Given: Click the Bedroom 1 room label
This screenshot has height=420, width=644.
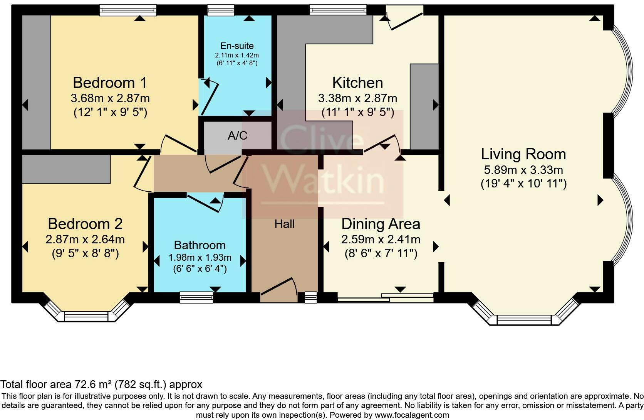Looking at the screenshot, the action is [110, 83].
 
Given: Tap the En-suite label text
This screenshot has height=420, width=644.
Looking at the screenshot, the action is [237, 46].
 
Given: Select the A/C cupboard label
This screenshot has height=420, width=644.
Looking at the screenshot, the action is [238, 135].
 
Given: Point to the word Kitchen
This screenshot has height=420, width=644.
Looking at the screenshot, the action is [358, 83].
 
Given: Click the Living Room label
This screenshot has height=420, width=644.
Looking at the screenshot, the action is [523, 154].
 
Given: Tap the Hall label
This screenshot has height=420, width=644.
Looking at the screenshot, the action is [285, 224].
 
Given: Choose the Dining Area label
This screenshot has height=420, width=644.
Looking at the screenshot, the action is [381, 224].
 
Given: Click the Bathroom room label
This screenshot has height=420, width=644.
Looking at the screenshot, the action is [200, 245].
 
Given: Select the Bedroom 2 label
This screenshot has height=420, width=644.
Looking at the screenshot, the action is [85, 224].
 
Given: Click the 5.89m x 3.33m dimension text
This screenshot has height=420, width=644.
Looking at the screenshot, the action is [523, 170].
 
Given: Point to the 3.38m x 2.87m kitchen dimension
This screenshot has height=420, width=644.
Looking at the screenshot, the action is [358, 98].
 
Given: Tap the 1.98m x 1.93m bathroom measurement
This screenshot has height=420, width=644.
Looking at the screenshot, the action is [200, 257].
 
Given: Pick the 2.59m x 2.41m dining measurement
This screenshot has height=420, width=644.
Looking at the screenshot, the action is [381, 239].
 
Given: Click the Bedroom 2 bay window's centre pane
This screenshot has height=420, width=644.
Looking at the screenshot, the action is [86, 317].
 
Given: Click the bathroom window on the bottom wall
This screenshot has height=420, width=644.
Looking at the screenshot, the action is [197, 297].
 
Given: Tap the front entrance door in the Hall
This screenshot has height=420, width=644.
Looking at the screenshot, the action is [278, 290].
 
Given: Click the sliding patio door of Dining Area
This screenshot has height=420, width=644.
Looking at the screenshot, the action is [385, 298].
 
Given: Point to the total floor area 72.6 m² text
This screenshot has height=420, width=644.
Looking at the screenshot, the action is [101, 384].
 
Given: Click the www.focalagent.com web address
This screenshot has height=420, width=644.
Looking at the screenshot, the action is [412, 415].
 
